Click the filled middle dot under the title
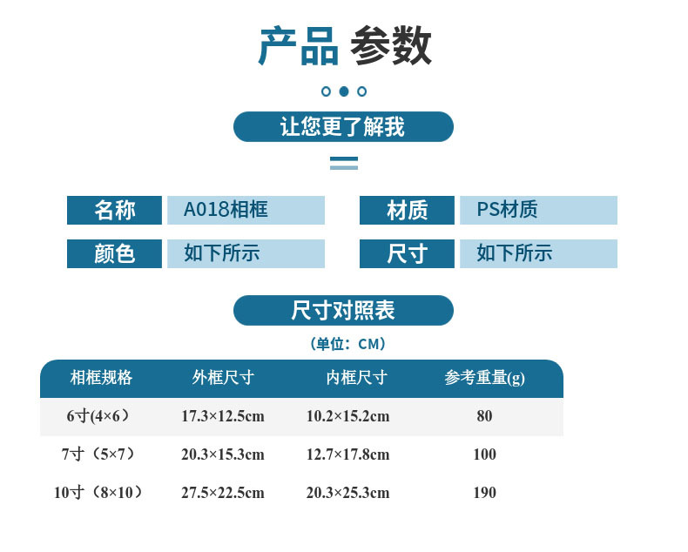(x=344, y=91)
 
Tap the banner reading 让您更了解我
(x=343, y=127)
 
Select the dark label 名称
(x=114, y=210)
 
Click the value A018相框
(x=226, y=210)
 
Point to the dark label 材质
(x=407, y=210)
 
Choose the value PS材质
(x=507, y=210)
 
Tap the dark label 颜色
(x=114, y=253)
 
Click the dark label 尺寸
(x=407, y=253)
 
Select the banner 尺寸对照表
(x=343, y=311)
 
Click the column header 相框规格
(x=101, y=378)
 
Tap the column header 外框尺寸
(x=223, y=378)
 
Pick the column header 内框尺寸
(x=356, y=378)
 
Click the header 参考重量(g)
(x=484, y=378)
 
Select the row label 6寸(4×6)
(x=98, y=416)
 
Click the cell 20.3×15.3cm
(x=223, y=454)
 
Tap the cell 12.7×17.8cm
(x=347, y=454)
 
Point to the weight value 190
(x=484, y=493)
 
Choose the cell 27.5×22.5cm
(x=223, y=493)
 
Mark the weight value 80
(x=484, y=416)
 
